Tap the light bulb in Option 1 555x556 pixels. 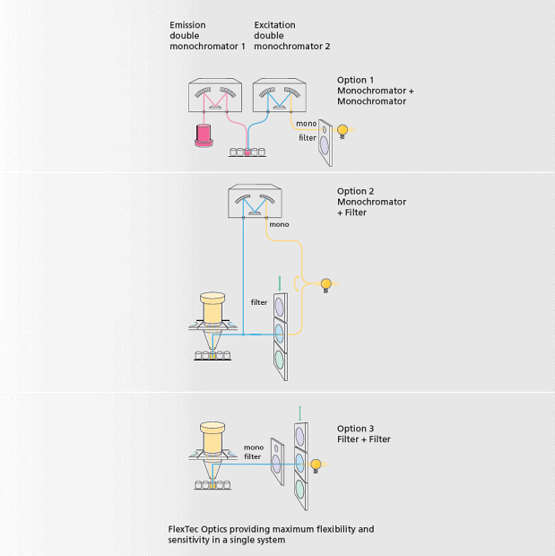tap(341, 130)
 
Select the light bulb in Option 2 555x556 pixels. tap(327, 283)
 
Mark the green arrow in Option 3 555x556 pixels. tap(300, 412)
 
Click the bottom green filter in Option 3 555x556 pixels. tap(300, 488)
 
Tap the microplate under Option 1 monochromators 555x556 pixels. tap(247, 152)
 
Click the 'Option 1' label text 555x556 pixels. tap(353, 80)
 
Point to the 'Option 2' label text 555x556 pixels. tap(353, 191)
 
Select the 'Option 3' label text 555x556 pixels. tap(353, 429)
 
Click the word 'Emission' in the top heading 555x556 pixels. tap(187, 25)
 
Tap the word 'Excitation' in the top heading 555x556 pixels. tap(274, 25)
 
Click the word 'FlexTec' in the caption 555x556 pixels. tap(186, 529)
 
